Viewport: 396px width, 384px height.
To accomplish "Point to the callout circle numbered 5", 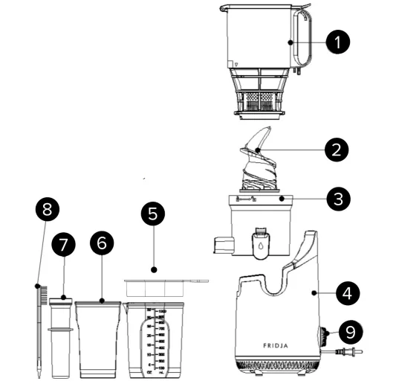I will tap(153, 214).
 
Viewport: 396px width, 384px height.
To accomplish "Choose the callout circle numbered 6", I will tap(102, 243).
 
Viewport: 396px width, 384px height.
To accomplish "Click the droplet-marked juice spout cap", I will tap(259, 243).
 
